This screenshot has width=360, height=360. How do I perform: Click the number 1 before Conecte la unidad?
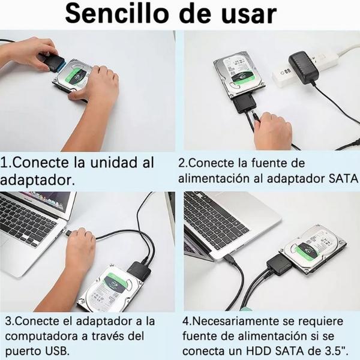pos(5,163)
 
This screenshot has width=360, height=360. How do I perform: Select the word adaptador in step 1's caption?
pos(37,179)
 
